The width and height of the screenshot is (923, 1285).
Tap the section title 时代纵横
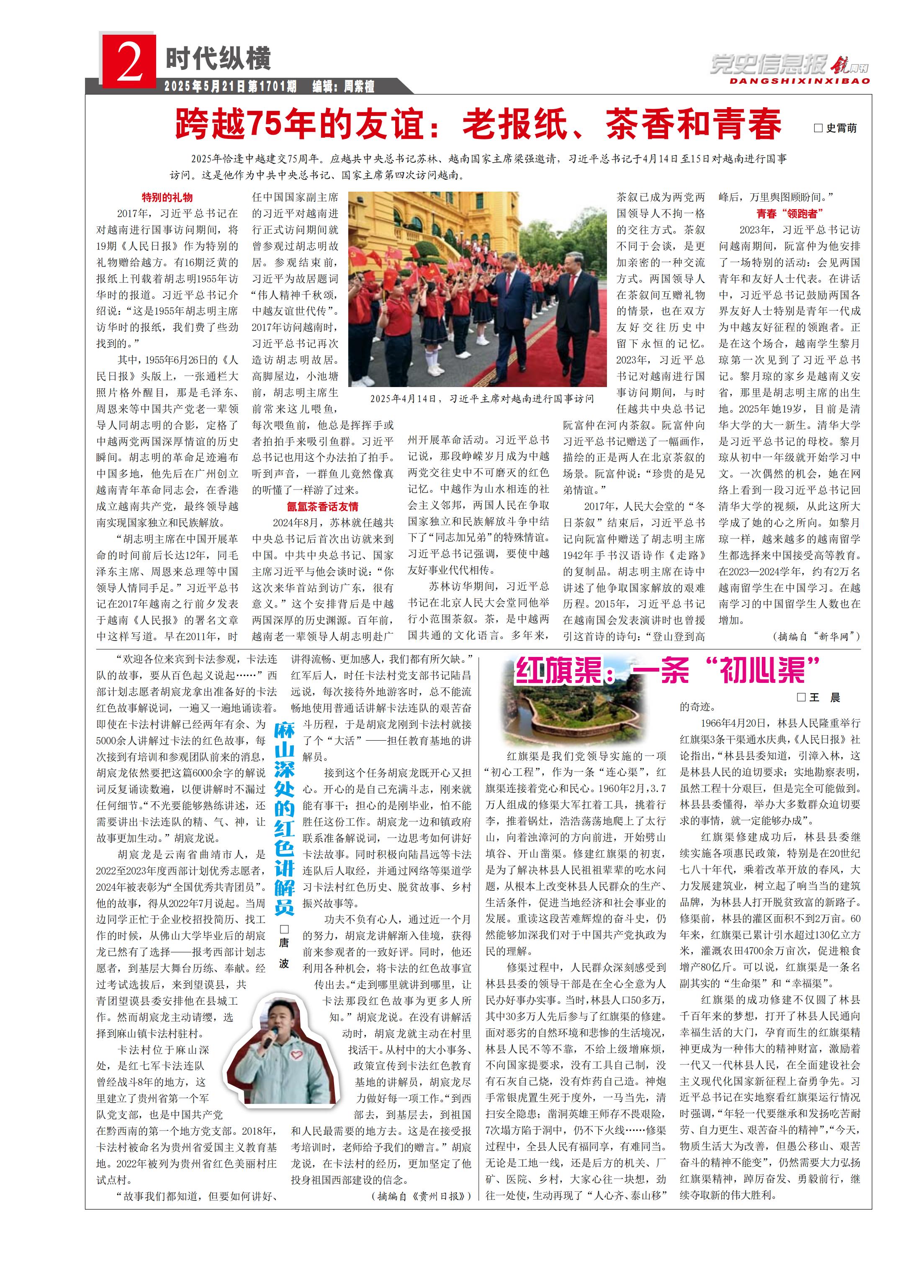tap(218, 58)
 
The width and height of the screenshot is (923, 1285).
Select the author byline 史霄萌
tap(835, 128)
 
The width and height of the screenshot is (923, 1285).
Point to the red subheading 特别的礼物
tap(167, 197)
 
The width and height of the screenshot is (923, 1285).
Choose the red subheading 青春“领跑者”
tap(789, 213)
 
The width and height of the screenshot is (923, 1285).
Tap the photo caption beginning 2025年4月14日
tap(482, 398)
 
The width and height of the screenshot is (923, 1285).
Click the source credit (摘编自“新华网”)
tap(816, 636)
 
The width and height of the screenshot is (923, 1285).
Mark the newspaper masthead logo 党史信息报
tap(769, 65)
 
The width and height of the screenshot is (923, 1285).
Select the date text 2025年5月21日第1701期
tap(230, 86)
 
